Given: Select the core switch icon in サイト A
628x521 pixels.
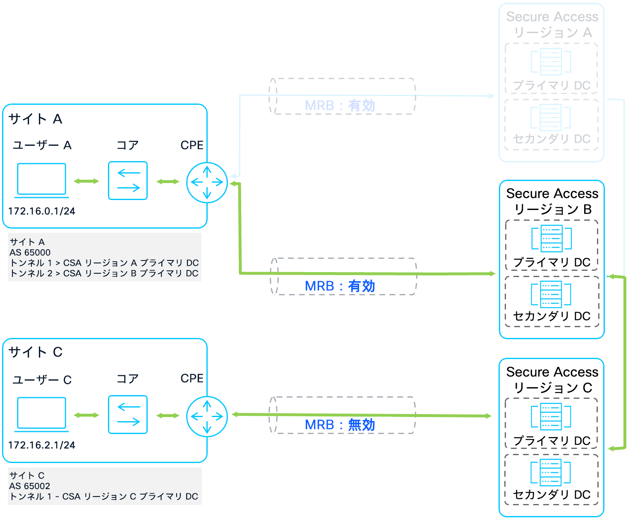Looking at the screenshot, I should pos(127,181).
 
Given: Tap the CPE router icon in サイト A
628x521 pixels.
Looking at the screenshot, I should pos(207,182).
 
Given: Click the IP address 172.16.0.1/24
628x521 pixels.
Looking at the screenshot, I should pos(42,211).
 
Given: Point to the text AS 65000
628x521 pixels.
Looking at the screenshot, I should pos(30,252).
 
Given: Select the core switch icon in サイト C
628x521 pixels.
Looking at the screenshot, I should pos(127,415).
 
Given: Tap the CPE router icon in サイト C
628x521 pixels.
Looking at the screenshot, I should pos(207,416).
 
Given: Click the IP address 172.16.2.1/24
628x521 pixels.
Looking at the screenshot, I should pos(42,445).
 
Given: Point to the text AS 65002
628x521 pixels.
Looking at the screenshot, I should pos(30,486).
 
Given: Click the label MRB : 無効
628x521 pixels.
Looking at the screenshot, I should pos(340,425).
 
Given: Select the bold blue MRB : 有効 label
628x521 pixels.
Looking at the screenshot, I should pos(340,286).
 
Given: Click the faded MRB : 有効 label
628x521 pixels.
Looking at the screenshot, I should pos(340,106).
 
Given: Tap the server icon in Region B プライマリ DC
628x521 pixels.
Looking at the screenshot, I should pos(551,238).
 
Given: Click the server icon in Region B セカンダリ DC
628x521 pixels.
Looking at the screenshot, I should pos(551,294).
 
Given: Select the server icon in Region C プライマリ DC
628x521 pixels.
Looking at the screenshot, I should pos(551,416).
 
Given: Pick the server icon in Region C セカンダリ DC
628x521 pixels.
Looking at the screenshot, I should pos(551,472).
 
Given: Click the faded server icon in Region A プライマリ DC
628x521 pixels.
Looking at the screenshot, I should pos(551,61).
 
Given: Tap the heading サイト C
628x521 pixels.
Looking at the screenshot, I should pos(35,352).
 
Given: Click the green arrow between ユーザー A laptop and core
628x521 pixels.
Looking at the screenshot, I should pos(86,181).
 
